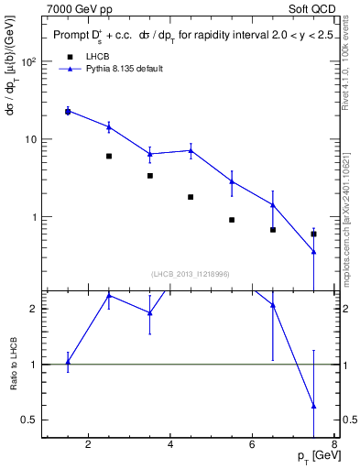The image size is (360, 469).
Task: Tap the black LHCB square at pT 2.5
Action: click(x=109, y=157)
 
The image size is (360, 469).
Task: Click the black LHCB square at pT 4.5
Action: click(x=191, y=197)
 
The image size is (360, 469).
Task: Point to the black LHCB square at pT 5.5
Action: click(x=232, y=220)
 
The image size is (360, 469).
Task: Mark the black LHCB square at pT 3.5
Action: click(x=150, y=176)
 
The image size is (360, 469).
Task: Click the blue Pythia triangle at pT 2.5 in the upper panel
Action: click(x=109, y=126)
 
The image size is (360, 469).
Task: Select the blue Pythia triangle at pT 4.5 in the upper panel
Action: click(x=191, y=150)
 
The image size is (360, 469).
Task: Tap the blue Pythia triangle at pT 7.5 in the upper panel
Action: click(x=314, y=252)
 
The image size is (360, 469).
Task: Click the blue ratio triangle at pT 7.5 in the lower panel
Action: click(x=314, y=406)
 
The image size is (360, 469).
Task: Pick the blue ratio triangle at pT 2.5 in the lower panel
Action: click(x=109, y=296)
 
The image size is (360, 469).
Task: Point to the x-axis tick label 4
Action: click(x=170, y=446)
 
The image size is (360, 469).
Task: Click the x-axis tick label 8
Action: click(x=335, y=446)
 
